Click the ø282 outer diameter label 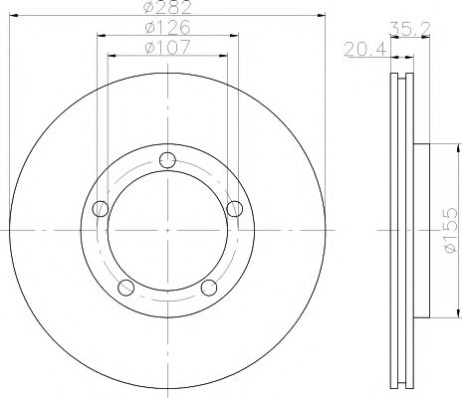(166, 9)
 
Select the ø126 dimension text (166, 27)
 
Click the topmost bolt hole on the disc (167, 159)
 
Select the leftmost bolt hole (100, 209)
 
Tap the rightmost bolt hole (235, 208)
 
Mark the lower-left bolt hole (125, 288)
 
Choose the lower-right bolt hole (209, 288)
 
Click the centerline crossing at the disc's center (167, 231)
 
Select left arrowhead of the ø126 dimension (101, 35)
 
